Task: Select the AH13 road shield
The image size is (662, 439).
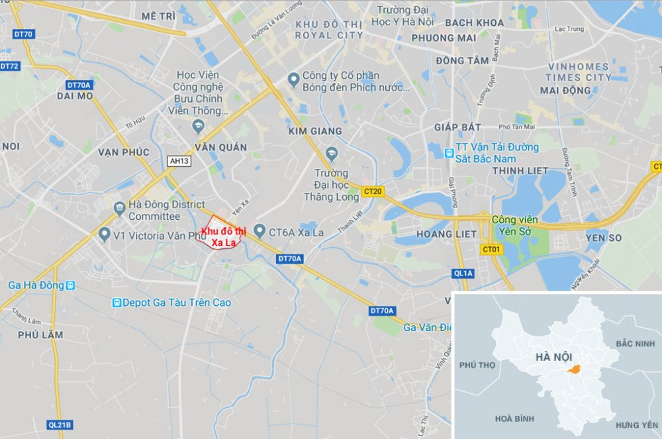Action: pyautogui.click(x=179, y=161)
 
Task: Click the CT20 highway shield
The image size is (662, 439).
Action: pyautogui.click(x=373, y=192)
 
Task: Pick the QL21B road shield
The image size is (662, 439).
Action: pyautogui.click(x=60, y=424)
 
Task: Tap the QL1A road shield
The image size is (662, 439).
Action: pyautogui.click(x=463, y=272)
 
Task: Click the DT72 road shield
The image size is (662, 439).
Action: pyautogui.click(x=10, y=66)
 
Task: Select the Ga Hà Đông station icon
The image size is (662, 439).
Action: pyautogui.click(x=71, y=285)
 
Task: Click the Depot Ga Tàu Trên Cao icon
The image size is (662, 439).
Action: pyautogui.click(x=117, y=303)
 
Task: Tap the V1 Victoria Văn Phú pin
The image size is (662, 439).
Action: pyautogui.click(x=103, y=235)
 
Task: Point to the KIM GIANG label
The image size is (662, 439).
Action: pyautogui.click(x=315, y=132)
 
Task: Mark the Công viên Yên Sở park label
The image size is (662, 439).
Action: pyautogui.click(x=515, y=225)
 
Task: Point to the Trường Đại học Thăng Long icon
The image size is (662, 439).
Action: pyautogui.click(x=332, y=154)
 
